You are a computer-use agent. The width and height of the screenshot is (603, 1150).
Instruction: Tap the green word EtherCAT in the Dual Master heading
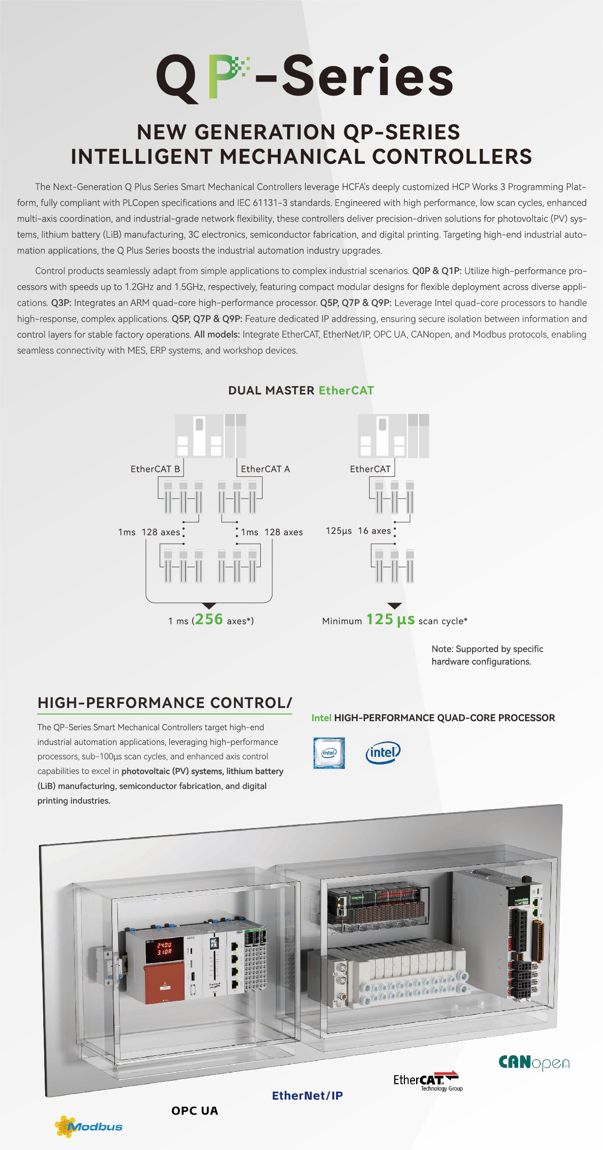(x=346, y=391)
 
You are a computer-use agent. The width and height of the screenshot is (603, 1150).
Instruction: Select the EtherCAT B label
(x=155, y=469)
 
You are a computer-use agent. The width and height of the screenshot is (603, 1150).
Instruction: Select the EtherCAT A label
(x=265, y=469)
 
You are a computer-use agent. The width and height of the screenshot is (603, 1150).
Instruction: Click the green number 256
(x=209, y=619)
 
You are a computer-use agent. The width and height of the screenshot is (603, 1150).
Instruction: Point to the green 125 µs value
(x=391, y=619)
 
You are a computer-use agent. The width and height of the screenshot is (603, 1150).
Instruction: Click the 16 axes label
(x=374, y=531)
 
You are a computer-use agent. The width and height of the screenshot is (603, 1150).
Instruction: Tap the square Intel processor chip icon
(x=329, y=753)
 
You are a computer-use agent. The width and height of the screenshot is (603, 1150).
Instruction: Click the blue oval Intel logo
(x=383, y=753)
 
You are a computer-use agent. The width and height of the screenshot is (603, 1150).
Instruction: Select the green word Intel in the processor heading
(x=322, y=718)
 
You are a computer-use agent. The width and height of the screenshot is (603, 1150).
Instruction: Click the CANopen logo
(x=534, y=1062)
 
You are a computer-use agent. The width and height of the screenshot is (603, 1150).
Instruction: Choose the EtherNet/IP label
(x=307, y=1096)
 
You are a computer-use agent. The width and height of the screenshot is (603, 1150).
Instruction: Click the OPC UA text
(x=195, y=1111)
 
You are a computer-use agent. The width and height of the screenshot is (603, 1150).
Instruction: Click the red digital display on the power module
(x=159, y=948)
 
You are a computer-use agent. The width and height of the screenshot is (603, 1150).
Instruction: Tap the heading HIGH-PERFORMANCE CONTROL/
(x=165, y=703)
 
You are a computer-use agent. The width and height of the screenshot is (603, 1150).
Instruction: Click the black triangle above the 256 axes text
(x=209, y=606)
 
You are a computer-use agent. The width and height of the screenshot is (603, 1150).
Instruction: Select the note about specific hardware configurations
(x=487, y=655)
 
